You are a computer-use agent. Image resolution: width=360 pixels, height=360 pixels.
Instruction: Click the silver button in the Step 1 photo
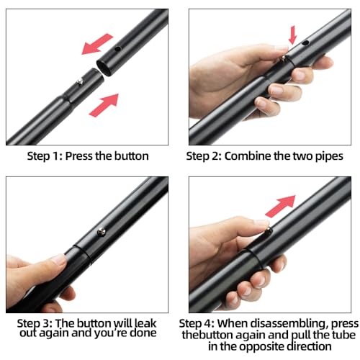click(80, 83)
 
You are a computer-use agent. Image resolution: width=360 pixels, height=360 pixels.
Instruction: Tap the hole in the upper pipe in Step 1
click(117, 49)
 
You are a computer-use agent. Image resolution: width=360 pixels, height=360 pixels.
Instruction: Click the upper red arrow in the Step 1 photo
click(97, 44)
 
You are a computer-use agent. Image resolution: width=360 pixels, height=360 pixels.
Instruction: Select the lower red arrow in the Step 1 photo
click(104, 105)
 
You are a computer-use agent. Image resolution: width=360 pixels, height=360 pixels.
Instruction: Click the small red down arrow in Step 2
click(293, 35)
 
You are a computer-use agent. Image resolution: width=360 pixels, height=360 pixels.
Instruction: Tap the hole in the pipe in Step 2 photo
click(305, 43)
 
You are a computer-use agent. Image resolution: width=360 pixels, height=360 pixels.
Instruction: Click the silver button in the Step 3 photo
click(102, 232)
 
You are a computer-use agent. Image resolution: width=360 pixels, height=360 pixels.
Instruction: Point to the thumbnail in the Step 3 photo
click(58, 260)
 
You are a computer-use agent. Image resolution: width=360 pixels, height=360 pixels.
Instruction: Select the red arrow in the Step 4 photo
click(280, 207)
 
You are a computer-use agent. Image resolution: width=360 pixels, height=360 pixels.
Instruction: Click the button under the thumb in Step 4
click(269, 231)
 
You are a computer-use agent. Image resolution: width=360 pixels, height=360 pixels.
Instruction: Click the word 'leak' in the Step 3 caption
click(145, 323)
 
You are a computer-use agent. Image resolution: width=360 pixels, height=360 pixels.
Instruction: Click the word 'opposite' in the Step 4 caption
click(262, 347)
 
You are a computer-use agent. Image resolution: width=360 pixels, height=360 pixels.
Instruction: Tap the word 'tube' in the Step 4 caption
click(343, 335)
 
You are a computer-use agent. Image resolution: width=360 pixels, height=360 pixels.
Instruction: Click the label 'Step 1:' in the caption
click(45, 156)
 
